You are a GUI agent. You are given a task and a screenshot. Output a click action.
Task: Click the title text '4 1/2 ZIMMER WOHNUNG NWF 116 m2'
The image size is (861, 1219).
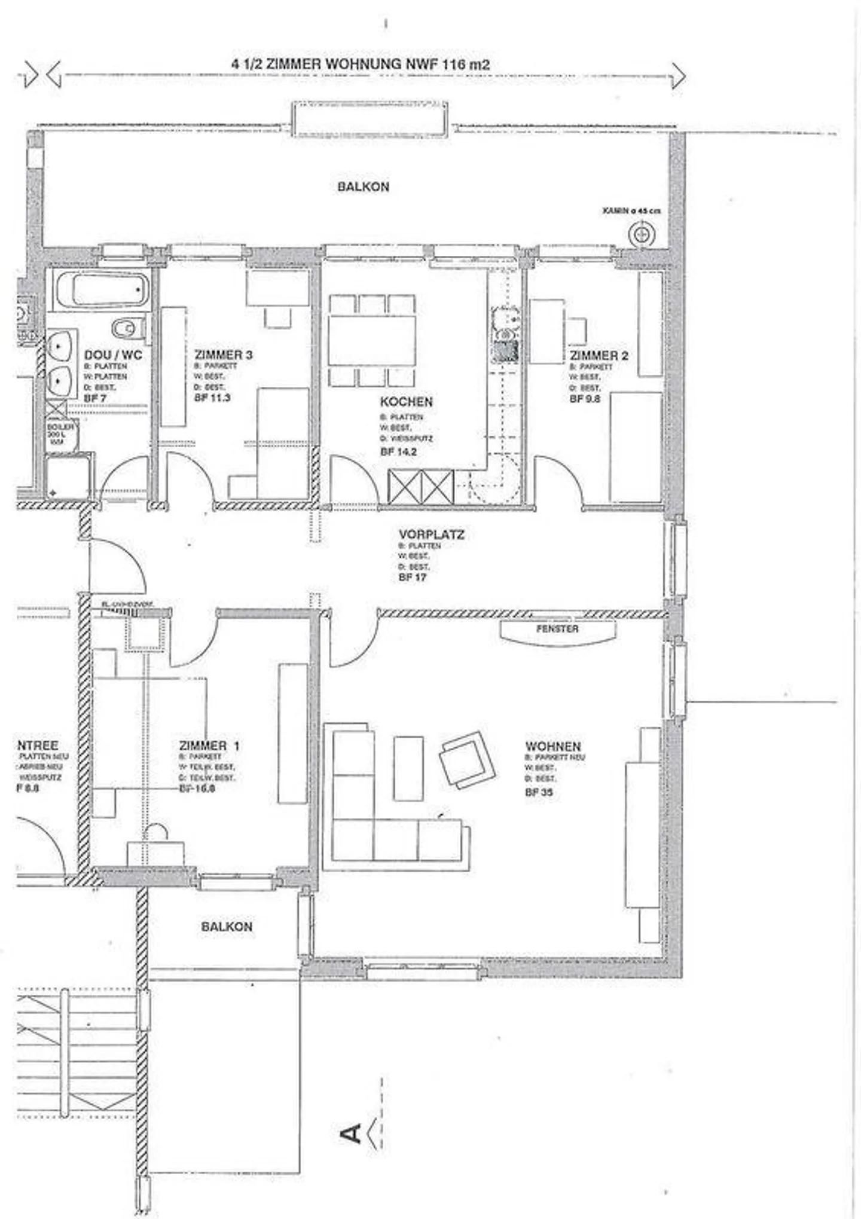click(x=361, y=64)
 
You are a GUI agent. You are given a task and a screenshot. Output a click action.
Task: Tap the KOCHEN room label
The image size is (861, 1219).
click(x=406, y=401)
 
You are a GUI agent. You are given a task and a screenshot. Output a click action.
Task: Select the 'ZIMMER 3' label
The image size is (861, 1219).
click(x=224, y=355)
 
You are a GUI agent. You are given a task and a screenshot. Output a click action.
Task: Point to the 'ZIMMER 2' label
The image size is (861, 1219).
click(x=599, y=356)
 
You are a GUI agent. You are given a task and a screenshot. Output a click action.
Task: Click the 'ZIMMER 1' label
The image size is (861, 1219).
click(x=209, y=746)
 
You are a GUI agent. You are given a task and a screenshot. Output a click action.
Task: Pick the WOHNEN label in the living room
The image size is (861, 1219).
click(x=553, y=746)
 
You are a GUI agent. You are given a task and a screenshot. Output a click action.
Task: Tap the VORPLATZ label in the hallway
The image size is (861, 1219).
click(x=431, y=534)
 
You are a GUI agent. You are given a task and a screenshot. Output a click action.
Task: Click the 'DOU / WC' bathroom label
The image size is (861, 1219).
click(x=113, y=355)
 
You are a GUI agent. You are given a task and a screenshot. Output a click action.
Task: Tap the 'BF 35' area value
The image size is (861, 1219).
click(x=539, y=792)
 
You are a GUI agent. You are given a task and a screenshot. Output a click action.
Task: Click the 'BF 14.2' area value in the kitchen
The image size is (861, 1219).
click(x=398, y=451)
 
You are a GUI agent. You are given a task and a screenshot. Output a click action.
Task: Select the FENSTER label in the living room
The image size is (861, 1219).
click(x=557, y=629)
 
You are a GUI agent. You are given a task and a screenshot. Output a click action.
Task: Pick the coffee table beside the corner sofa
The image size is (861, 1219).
click(x=408, y=768)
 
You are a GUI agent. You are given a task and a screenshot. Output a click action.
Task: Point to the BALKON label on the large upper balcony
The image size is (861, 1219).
click(x=363, y=187)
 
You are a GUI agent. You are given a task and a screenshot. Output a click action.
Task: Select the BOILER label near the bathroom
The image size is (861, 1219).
click(x=60, y=427)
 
